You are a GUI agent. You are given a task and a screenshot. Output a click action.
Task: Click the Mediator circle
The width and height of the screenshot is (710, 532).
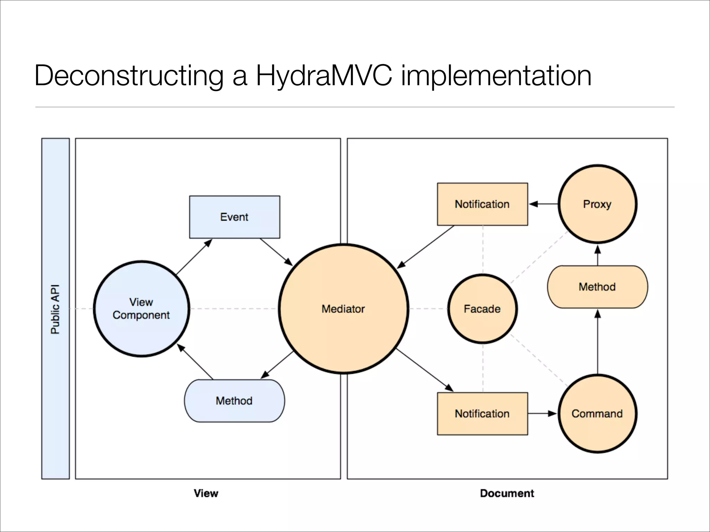tap(343, 309)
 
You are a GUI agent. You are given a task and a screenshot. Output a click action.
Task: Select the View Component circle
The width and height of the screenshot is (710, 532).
tap(141, 309)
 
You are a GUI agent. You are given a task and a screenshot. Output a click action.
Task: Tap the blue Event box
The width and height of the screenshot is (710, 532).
tap(234, 217)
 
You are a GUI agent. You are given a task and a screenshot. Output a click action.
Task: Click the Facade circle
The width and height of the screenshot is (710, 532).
tap(482, 309)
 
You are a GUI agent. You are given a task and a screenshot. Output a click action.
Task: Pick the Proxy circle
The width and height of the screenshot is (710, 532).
tap(597, 204)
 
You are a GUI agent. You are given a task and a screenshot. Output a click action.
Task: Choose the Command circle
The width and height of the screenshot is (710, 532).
tap(597, 414)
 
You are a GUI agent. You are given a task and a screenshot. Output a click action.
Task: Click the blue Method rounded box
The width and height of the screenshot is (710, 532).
tap(234, 401)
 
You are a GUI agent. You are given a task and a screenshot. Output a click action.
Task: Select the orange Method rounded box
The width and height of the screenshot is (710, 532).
tap(597, 287)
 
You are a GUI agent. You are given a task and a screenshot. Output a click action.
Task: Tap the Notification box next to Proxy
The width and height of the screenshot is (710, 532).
tap(482, 204)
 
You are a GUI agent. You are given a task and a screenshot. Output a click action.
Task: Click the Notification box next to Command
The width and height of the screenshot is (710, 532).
tap(482, 414)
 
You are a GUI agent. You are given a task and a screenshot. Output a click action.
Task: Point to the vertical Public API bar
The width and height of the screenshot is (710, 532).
tap(55, 309)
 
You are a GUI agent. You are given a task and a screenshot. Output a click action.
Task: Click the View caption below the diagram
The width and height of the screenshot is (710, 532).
tap(206, 493)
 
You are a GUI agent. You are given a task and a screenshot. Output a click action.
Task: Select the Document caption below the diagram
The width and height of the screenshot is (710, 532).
tap(507, 493)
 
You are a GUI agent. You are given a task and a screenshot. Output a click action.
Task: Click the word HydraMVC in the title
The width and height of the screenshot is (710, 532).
tap(324, 76)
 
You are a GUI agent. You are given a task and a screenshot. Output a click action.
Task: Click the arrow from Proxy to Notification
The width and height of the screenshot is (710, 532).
tap(543, 204)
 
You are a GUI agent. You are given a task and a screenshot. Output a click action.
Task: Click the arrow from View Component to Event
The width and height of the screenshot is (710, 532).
tap(194, 257)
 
